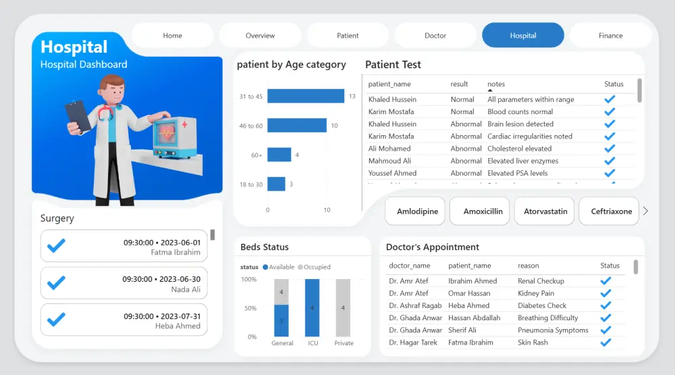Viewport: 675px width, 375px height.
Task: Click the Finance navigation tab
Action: (610, 36)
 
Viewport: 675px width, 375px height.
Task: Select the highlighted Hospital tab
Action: (522, 36)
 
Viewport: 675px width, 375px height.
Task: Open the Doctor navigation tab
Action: (435, 36)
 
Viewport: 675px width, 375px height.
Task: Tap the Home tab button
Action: (172, 36)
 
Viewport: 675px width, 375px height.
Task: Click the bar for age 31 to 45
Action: (306, 97)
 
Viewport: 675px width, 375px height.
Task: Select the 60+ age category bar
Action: (279, 155)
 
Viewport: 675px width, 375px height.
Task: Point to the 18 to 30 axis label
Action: (250, 184)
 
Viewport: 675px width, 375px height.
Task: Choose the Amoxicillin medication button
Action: (483, 211)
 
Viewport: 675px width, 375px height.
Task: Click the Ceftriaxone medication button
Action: (611, 211)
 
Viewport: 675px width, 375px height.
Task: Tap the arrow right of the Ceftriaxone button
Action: (645, 211)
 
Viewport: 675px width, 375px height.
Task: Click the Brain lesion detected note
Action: (520, 124)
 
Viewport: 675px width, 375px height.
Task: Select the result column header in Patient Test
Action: (459, 84)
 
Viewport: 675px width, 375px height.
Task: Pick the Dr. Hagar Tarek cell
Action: (413, 343)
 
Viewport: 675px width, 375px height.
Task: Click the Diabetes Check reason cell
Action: (542, 305)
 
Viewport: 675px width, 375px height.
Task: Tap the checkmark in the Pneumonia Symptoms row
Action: (606, 330)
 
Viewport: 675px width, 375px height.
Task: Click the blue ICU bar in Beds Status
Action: (313, 307)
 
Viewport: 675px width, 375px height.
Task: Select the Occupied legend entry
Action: (315, 267)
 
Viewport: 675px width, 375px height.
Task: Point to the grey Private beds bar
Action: (344, 307)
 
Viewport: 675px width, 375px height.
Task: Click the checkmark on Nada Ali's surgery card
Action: (56, 283)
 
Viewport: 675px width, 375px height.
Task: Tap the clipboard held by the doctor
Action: (78, 116)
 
